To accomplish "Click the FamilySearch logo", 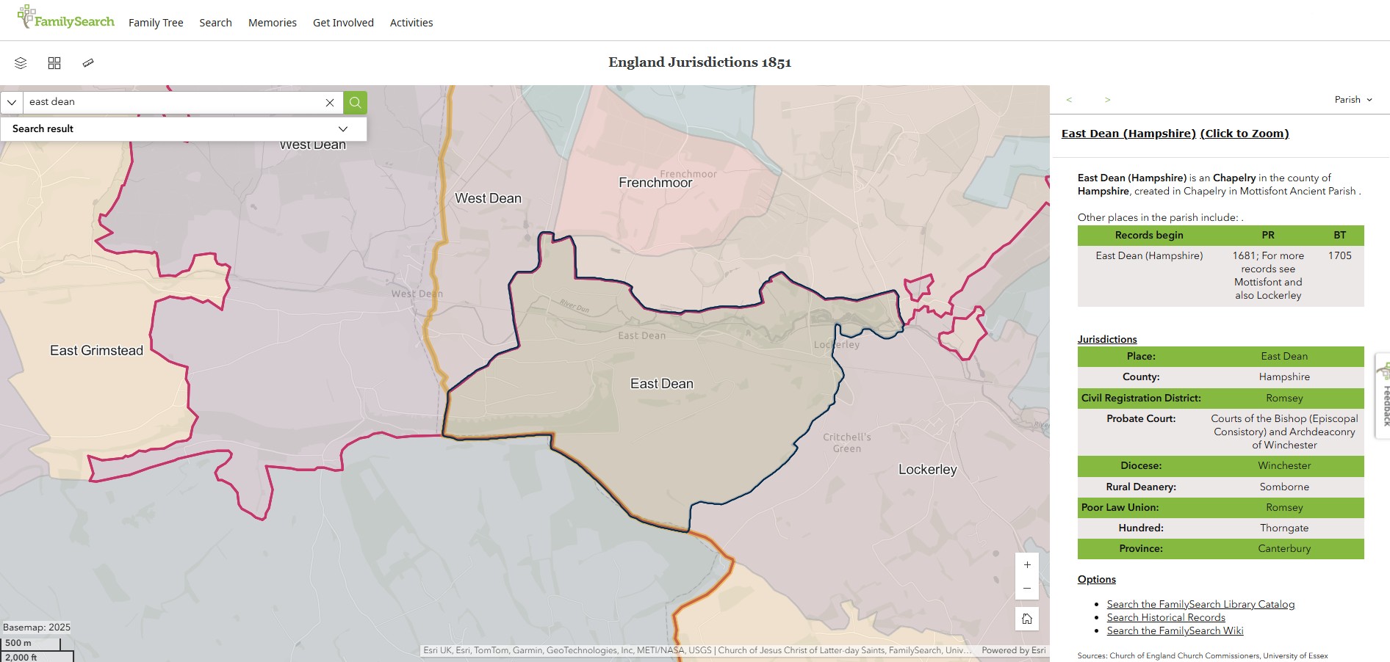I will click(x=66, y=18).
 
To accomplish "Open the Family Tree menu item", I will click(x=156, y=23).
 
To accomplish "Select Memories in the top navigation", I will click(x=273, y=23).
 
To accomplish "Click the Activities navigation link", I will click(x=411, y=23).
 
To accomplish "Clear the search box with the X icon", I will click(x=330, y=103).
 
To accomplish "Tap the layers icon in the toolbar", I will click(x=21, y=63).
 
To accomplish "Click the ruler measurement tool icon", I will click(x=88, y=63).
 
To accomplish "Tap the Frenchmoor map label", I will click(x=655, y=183).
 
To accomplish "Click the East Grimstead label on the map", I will click(x=96, y=351).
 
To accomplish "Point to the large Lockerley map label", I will click(x=927, y=470).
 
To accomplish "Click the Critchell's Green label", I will click(x=847, y=443).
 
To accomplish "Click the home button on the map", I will click(x=1027, y=619).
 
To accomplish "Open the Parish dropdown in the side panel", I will click(x=1353, y=100).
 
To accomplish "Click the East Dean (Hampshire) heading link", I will click(x=1128, y=134).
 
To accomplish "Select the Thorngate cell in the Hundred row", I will click(x=1284, y=528).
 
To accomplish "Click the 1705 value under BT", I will click(x=1339, y=255).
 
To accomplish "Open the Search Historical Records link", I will click(x=1166, y=618).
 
